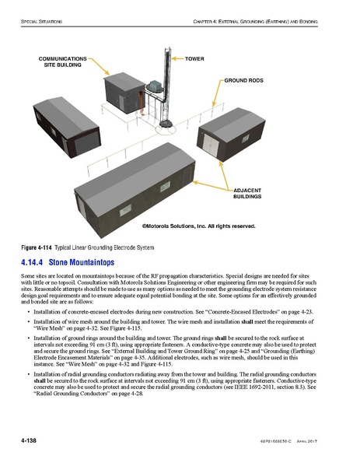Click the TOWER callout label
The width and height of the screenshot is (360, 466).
(x=194, y=58)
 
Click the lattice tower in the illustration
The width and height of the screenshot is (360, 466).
(x=164, y=86)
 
